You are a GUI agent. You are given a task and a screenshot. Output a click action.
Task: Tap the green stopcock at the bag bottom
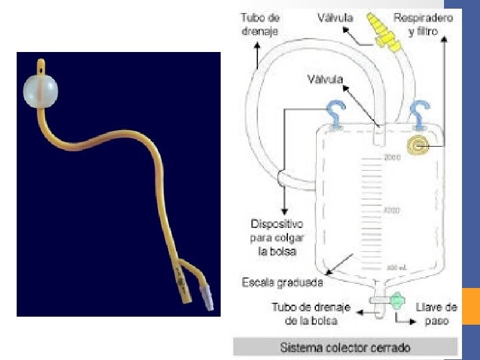tap(397, 301)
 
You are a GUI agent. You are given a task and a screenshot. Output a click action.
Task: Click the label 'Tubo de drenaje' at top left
tap(260, 23)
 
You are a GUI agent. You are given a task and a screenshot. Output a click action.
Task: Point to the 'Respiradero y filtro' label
tap(423, 23)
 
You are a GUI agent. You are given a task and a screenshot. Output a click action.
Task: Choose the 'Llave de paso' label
tap(436, 313)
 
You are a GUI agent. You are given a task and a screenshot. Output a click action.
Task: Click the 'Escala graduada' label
tap(282, 283)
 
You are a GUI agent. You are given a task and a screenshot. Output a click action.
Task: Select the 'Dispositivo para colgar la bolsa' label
tap(277, 237)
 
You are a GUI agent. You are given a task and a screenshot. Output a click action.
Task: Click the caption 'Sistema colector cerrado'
tap(345, 347)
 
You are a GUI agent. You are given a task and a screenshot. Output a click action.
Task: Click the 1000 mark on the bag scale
tap(391, 210)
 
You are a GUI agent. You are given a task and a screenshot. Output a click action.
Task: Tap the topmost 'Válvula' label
tap(335, 18)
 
